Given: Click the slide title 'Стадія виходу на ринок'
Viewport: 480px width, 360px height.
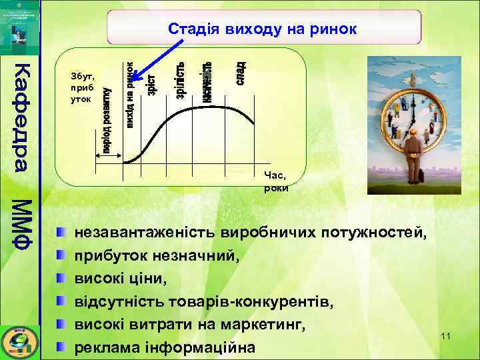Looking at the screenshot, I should click(263, 29).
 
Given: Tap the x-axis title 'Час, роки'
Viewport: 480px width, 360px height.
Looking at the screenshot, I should click(275, 181).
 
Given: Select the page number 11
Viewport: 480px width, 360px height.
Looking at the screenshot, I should click(445, 335).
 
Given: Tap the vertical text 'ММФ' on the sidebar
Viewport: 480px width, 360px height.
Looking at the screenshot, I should click(21, 223).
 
